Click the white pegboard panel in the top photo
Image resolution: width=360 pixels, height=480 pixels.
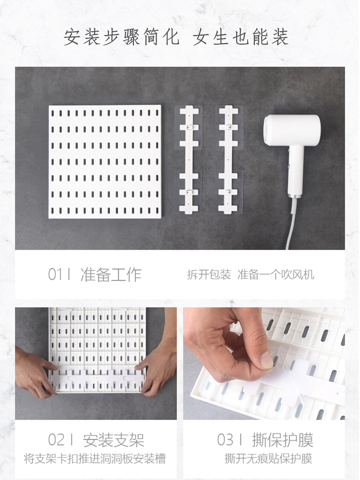105,162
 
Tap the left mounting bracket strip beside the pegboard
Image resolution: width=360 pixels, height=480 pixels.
189,159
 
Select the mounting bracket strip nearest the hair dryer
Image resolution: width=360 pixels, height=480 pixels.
229,159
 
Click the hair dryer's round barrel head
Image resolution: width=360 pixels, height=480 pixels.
292,130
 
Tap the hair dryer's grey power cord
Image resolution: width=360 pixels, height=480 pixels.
291,224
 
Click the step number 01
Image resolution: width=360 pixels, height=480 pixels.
55,274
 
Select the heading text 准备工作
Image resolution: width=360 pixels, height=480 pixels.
111,274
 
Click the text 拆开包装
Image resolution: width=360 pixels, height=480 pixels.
209,275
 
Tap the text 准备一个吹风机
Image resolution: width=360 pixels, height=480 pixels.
276,275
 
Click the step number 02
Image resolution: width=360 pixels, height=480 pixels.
56,440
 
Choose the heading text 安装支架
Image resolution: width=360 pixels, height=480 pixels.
114,440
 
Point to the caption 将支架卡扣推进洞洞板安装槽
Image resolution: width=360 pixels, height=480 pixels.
95,458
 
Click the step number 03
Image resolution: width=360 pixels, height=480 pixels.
225,440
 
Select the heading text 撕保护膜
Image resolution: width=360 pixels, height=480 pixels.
283,440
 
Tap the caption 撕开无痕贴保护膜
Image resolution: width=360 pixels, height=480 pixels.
268,458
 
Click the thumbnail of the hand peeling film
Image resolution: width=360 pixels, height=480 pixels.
264,363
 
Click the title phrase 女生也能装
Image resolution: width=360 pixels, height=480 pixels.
240,37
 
